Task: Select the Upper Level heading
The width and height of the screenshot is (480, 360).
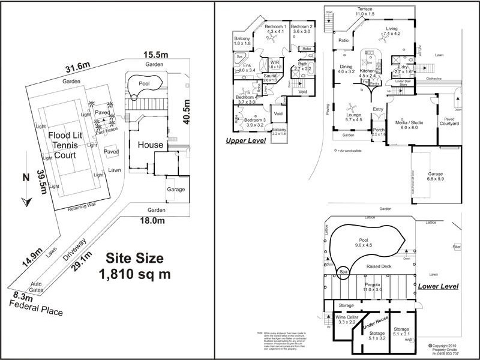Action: pos(245,141)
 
